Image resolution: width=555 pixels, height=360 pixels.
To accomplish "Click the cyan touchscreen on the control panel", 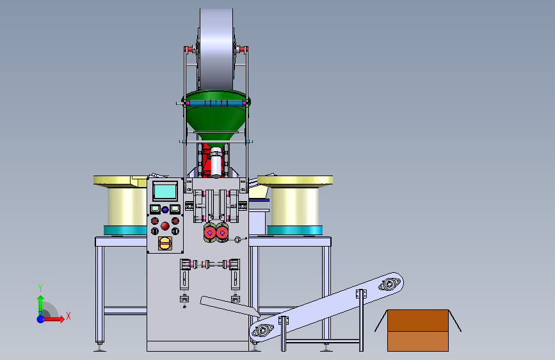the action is pos(165,192).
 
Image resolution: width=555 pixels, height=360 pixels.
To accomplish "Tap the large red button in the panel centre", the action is pos(165,226).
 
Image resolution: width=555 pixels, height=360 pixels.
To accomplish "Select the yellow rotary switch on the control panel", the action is pos(165,243).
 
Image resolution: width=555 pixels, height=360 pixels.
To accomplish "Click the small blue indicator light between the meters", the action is pos(165,209).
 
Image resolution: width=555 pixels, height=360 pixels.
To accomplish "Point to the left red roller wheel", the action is pos(210,233).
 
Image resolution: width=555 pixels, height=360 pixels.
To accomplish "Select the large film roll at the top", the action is pos(216,49).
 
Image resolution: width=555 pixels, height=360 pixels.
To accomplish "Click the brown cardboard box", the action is pos(418,331).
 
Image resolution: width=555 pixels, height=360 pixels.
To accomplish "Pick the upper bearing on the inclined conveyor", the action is pos(389,284).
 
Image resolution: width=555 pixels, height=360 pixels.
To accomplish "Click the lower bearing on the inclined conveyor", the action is pos(262,331).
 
